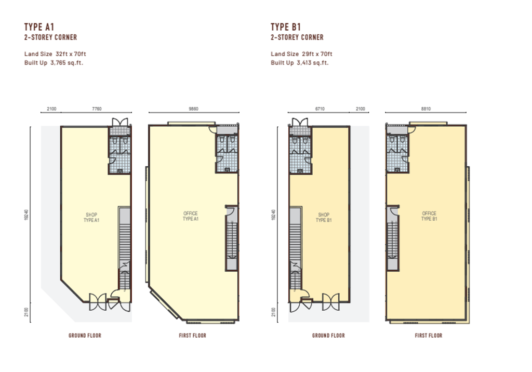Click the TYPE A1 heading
[39, 27]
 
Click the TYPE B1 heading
[286, 27]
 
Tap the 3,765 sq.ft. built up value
[67, 63]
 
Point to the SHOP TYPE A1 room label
[91, 217]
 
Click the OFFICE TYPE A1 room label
[190, 216]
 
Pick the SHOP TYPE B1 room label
[324, 217]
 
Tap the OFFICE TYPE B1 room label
[429, 216]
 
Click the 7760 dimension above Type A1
[97, 109]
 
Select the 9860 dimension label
[193, 109]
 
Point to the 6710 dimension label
[320, 109]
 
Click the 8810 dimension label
[426, 109]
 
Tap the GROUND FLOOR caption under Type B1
[328, 336]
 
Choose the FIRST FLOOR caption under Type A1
[192, 336]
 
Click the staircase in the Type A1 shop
[125, 248]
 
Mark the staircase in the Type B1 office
[393, 238]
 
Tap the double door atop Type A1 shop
[120, 122]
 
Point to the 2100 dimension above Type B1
[361, 109]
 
